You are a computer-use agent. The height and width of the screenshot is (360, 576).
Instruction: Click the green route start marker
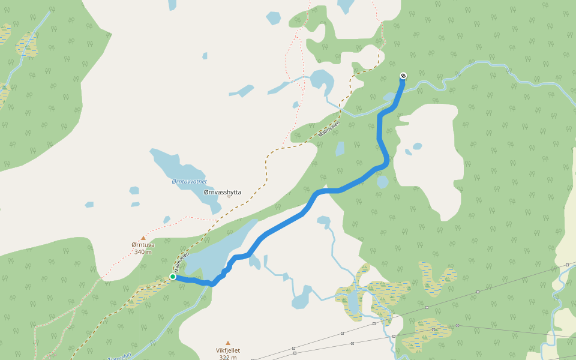(173, 277)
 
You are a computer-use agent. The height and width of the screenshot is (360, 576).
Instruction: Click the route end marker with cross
(403, 76)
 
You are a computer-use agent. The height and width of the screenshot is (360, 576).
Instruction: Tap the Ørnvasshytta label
(223, 192)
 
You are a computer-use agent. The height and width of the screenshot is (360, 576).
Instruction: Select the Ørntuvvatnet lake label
(189, 181)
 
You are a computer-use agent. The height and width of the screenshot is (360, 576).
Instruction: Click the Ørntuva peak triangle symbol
(143, 238)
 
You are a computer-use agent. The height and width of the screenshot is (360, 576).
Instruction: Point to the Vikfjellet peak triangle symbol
(227, 343)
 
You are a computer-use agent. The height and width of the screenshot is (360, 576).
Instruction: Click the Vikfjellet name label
(227, 350)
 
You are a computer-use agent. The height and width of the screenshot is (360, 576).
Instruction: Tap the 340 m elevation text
(143, 251)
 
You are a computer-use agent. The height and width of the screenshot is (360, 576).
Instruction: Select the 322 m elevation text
(227, 358)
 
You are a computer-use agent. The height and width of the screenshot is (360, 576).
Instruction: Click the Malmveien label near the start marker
(182, 260)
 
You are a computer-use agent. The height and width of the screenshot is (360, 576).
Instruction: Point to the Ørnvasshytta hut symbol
(229, 197)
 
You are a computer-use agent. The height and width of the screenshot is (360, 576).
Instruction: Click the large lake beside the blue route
(216, 252)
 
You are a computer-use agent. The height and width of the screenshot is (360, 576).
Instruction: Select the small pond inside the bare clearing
(417, 146)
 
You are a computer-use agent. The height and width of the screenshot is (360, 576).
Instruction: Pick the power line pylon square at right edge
(567, 265)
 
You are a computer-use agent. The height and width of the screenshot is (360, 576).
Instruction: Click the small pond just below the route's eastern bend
(382, 181)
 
